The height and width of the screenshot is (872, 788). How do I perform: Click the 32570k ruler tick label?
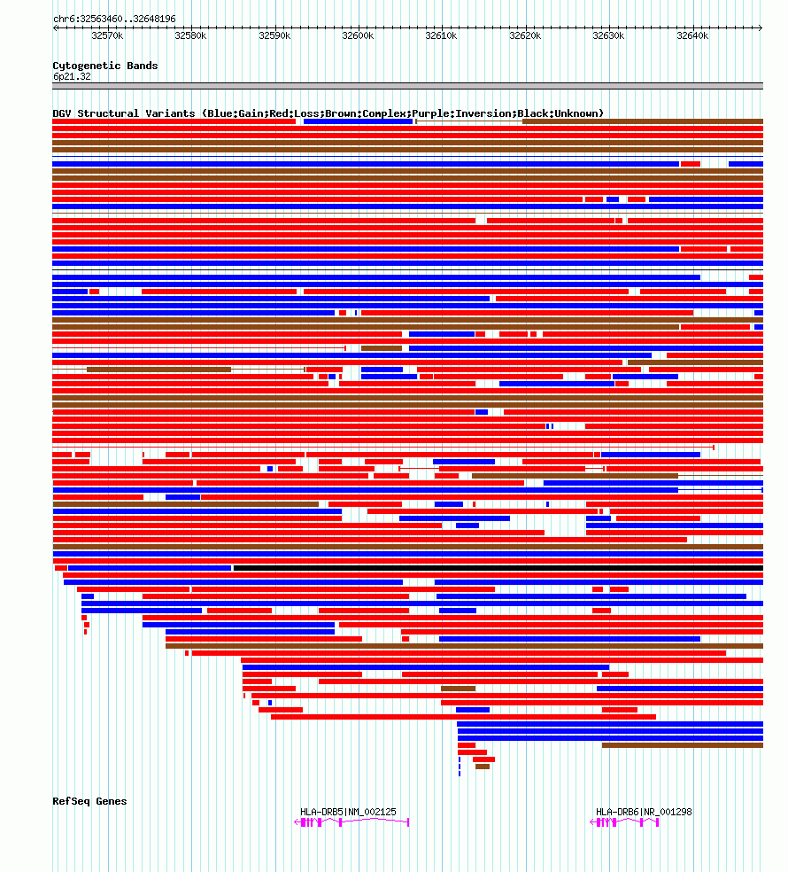coord(107,36)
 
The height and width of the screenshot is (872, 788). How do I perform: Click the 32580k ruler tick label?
coord(190,36)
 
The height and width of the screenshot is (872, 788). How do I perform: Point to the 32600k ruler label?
coord(358,36)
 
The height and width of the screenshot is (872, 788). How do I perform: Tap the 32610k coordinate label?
coord(441,36)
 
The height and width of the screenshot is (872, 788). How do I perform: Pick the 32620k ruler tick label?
coord(525,36)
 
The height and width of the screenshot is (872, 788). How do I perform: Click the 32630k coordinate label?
coord(608,36)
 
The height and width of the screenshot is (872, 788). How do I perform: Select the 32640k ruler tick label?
coord(692,36)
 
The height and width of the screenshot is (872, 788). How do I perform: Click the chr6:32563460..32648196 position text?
coord(114,19)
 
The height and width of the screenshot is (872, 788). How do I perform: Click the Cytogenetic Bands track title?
coord(104,66)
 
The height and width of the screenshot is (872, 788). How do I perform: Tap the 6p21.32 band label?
coord(72,76)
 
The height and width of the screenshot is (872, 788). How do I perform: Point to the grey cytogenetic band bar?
coord(407,86)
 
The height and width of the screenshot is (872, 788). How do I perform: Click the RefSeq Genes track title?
coord(89,801)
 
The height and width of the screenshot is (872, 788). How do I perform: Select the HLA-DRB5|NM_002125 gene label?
coord(348,812)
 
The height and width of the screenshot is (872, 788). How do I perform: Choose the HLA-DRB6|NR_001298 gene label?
coord(644,812)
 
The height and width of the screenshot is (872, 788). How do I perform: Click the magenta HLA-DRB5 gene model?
coord(352,822)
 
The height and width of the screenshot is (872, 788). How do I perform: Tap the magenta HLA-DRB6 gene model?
coord(624,822)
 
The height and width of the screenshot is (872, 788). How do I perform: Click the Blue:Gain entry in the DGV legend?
coord(231,113)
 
